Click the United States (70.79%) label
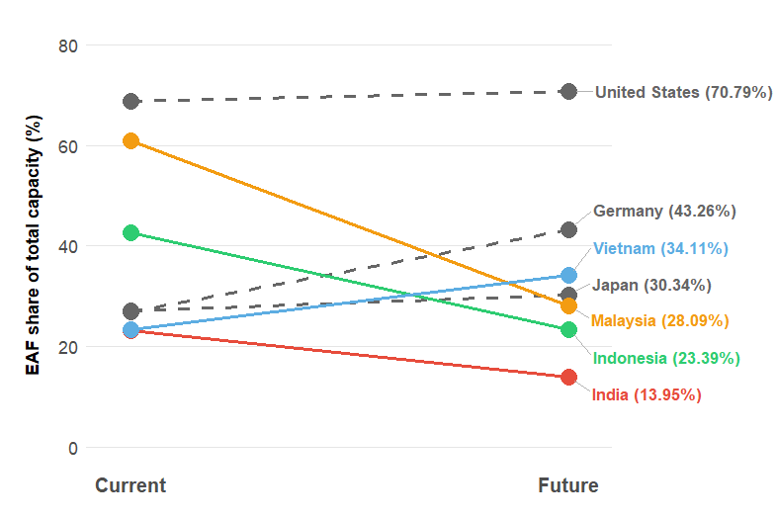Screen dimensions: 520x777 point(683,92)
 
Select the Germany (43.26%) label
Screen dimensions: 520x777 point(664,211)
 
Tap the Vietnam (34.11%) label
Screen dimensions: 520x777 point(660,248)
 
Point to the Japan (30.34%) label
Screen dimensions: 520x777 point(651,285)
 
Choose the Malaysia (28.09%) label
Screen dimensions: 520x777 point(660,320)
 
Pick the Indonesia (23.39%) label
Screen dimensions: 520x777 point(666,358)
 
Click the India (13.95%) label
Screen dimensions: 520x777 point(647,394)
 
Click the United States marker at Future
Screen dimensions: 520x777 point(568,91)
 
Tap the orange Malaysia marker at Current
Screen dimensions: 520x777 point(130,140)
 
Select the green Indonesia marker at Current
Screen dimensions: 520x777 point(130,232)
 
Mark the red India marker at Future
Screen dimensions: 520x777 point(568,377)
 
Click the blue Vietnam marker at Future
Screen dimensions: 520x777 point(568,275)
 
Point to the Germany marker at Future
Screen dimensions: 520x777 point(568,229)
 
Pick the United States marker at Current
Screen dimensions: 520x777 point(130,101)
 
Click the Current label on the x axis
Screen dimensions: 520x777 point(130,485)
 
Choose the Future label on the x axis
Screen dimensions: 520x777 point(568,485)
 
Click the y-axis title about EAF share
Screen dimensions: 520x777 point(34,246)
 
